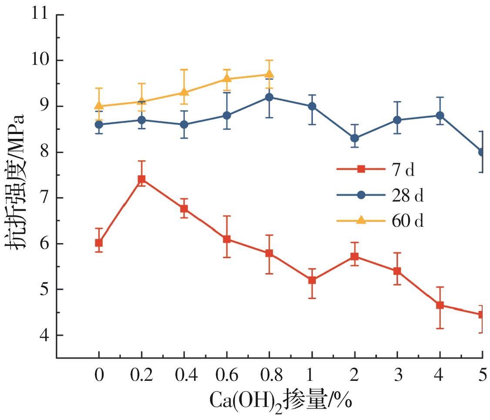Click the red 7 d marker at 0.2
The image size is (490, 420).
point(141,179)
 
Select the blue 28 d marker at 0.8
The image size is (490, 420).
point(269,97)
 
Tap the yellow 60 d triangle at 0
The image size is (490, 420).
point(99,106)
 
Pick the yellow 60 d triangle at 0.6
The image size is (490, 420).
point(227,78)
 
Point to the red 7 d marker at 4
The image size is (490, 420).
point(440,305)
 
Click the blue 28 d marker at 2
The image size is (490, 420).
point(355,138)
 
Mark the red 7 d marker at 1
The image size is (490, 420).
point(312,280)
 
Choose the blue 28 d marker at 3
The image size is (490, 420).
point(397,120)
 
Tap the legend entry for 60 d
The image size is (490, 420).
point(379,221)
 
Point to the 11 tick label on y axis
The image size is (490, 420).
point(40,15)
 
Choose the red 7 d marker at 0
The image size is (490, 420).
point(99,243)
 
